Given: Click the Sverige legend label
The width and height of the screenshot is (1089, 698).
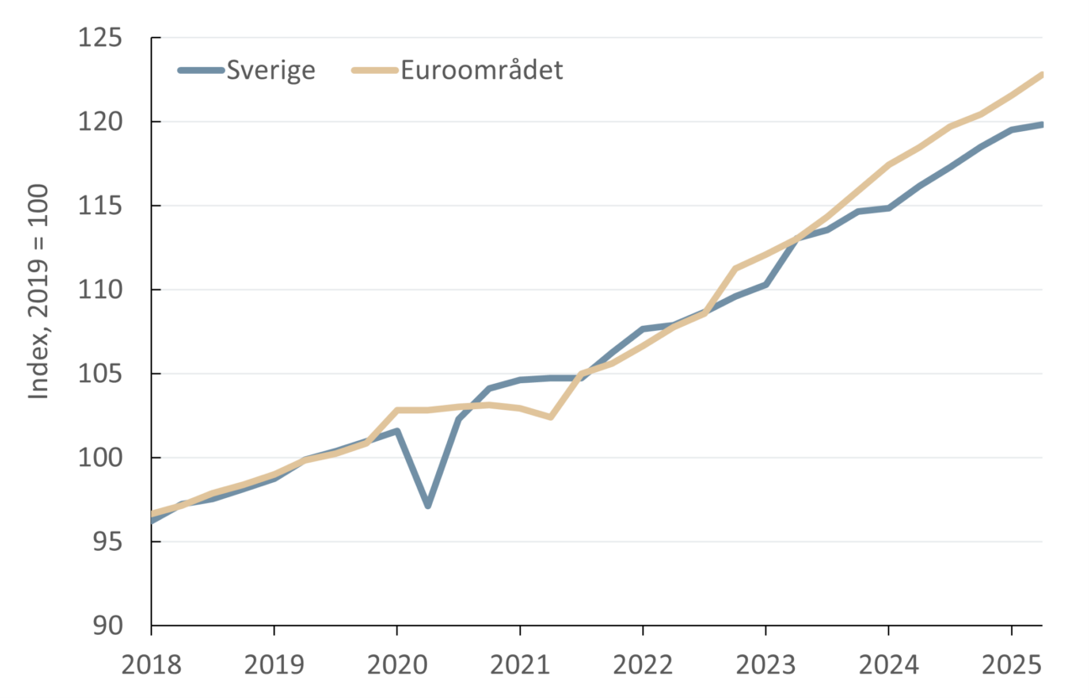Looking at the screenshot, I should (271, 71).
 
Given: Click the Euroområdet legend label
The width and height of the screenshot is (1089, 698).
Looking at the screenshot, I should (481, 71).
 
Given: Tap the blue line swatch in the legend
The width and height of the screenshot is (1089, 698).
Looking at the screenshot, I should (200, 71).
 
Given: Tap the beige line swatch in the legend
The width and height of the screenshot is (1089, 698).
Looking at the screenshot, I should (373, 71).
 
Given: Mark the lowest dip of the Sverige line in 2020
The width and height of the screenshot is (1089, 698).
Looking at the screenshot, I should (428, 506).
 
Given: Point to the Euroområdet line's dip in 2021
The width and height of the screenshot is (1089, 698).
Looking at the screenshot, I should (550, 417).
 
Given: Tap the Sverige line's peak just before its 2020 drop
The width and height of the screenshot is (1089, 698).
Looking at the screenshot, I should (397, 430).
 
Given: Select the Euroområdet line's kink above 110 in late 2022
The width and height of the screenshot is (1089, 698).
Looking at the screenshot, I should (734, 269).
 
